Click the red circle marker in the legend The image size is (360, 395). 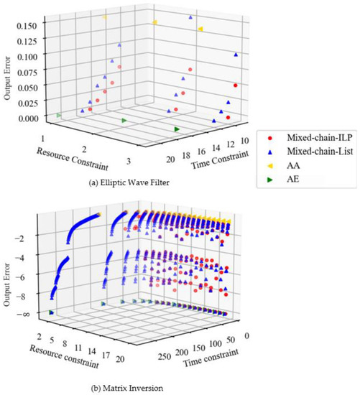click(x=269, y=136)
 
